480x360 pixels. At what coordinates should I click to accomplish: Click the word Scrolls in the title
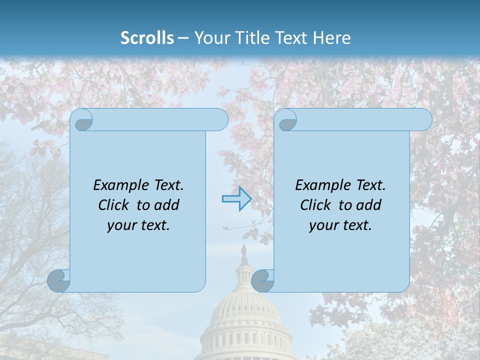pos(147,38)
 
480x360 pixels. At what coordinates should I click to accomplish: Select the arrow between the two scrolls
pos(236,199)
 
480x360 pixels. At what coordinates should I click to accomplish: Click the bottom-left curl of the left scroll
pos(58,280)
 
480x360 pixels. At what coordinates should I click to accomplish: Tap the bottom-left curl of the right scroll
pos(262,280)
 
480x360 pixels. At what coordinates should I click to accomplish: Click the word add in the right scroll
pos(368,205)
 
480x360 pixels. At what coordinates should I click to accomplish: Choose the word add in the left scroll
pos(166,205)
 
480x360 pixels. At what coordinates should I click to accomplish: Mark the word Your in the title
pos(210,38)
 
